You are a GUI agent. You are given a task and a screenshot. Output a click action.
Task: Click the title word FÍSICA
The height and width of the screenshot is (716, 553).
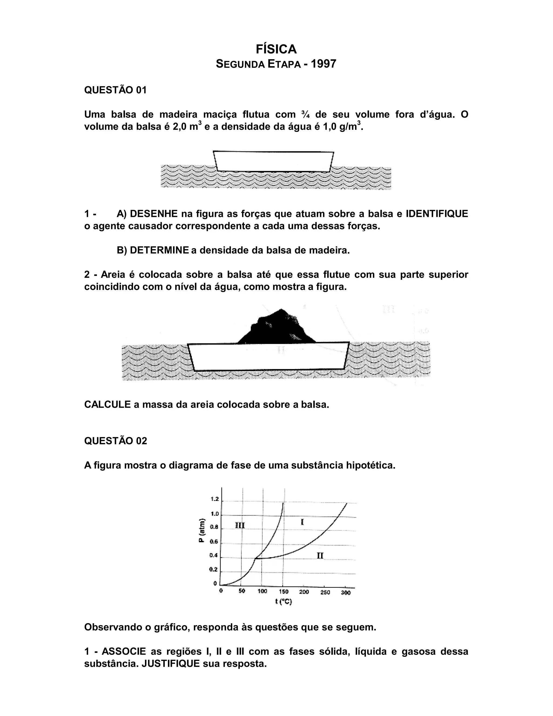(276, 49)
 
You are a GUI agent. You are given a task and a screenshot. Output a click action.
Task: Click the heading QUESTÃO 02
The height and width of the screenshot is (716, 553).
(116, 441)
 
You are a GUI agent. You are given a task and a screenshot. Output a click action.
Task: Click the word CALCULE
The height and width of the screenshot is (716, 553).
(107, 404)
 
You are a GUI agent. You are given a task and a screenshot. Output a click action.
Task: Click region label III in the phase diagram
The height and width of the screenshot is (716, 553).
(240, 526)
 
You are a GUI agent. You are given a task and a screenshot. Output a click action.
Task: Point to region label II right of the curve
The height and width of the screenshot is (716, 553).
(320, 555)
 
